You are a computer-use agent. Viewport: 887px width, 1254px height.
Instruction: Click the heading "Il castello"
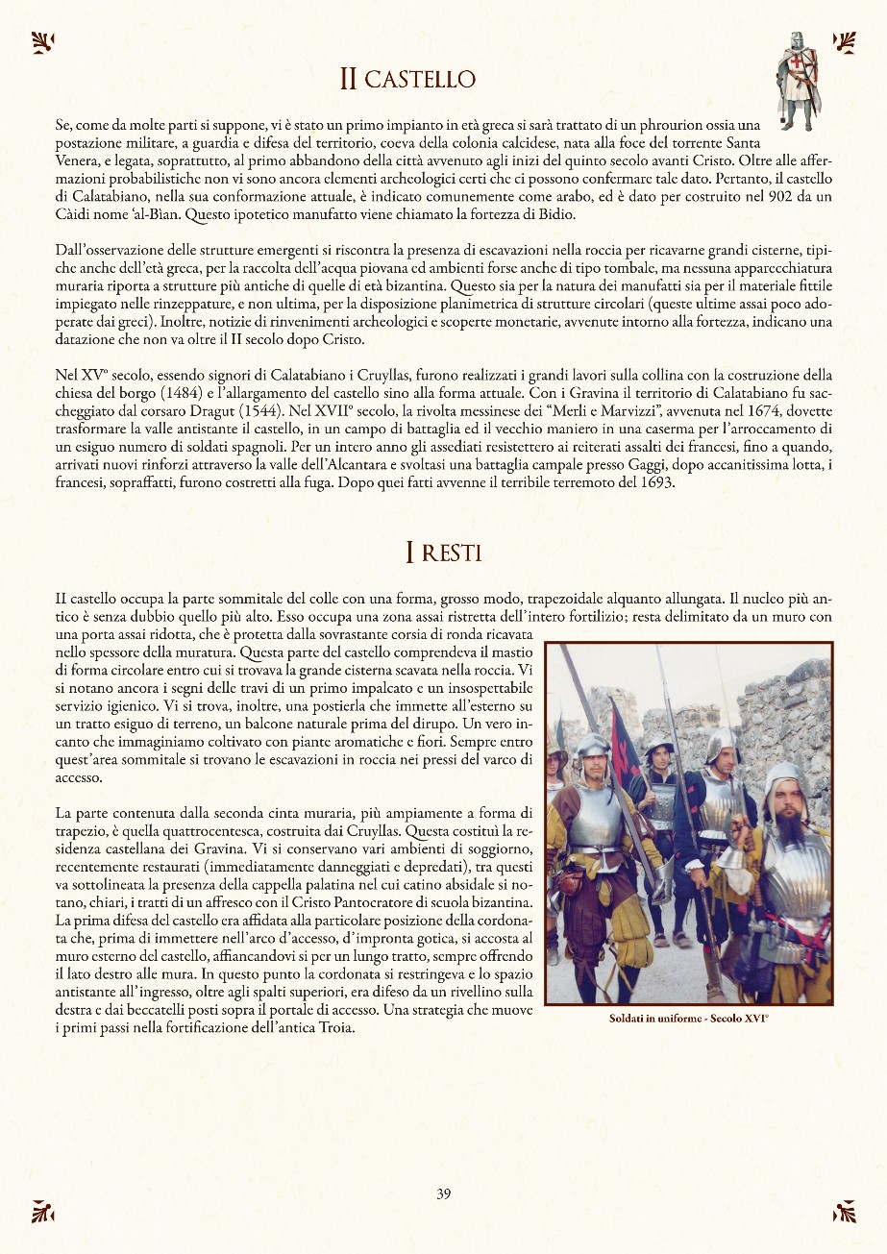coord(407,78)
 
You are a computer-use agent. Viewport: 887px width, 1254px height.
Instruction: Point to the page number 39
coord(443,1194)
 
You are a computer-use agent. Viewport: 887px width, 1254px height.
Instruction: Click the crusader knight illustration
coord(798,81)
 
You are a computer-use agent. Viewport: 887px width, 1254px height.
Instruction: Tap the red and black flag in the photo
coord(625,740)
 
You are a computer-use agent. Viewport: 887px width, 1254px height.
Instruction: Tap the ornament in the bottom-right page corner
coord(844,1212)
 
